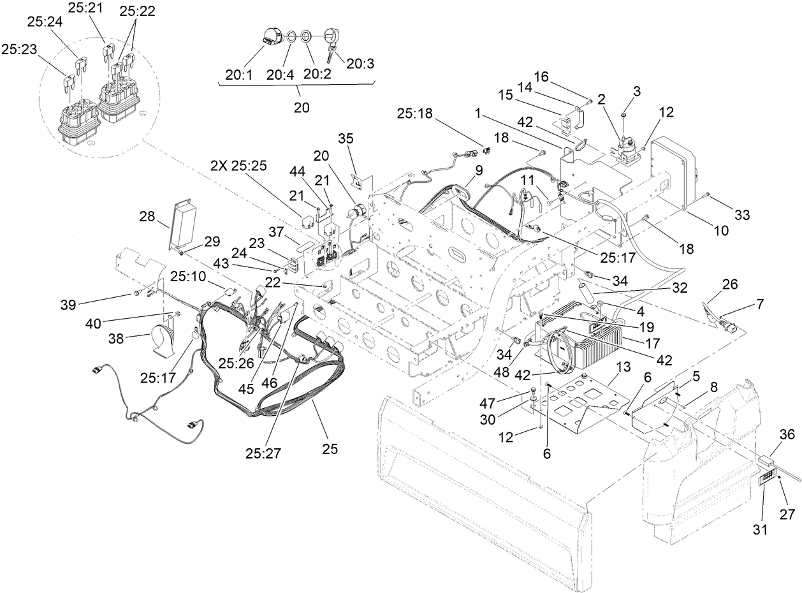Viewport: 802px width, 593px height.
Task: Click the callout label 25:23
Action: (18, 48)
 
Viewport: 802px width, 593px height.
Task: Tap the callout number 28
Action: (147, 218)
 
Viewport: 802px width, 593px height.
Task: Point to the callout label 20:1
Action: (238, 74)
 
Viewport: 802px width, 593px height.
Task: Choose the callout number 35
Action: (346, 138)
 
